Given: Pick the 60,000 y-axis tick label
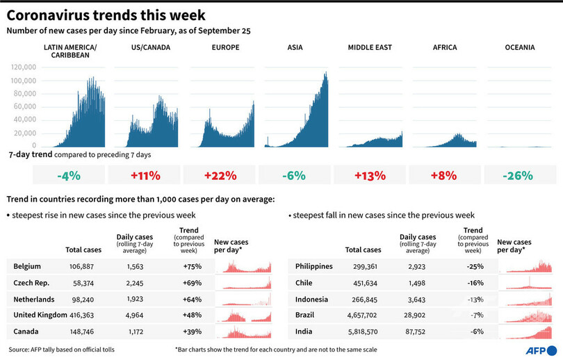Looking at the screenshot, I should (25, 107).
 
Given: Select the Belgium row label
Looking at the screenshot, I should (27, 266).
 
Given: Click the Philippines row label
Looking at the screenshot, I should (314, 266).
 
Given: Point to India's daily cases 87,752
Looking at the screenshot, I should (417, 332).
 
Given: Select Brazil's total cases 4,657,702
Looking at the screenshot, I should (363, 315).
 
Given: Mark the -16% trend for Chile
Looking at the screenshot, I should (475, 283).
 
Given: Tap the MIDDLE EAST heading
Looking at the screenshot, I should (370, 47).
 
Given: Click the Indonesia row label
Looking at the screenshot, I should (311, 299).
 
